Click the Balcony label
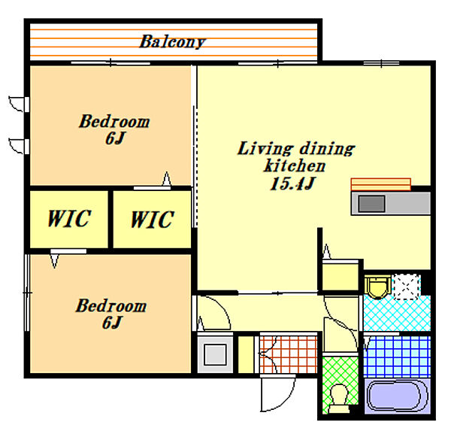pyautogui.click(x=173, y=42)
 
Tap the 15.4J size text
pyautogui.click(x=293, y=184)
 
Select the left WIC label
pyautogui.click(x=69, y=219)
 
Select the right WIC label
pyautogui.click(x=153, y=220)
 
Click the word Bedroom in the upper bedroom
pyautogui.click(x=114, y=121)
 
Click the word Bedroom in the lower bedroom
pyautogui.click(x=111, y=305)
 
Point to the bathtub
pyautogui.click(x=397, y=396)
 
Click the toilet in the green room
pyautogui.click(x=340, y=399)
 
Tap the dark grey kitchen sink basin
pyautogui.click(x=371, y=204)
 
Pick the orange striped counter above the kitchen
pyautogui.click(x=380, y=184)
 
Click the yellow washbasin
pyautogui.click(x=377, y=287)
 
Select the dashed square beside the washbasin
pyautogui.click(x=407, y=287)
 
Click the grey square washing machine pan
pyautogui.click(x=215, y=354)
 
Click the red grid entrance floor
pyautogui.click(x=289, y=354)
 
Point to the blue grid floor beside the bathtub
pyautogui.click(x=397, y=357)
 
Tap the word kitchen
pyautogui.click(x=295, y=165)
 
